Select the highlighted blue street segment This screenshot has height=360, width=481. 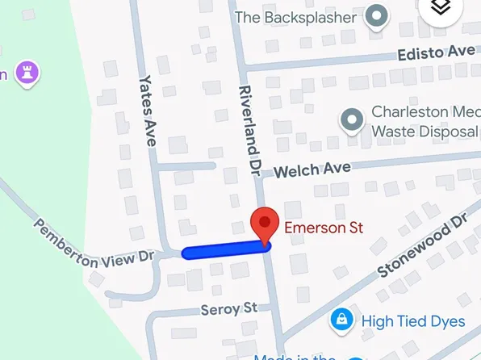(x=226, y=251)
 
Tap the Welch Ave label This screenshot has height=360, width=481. (x=312, y=170)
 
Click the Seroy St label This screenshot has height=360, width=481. (x=229, y=308)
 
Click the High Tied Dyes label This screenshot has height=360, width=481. (x=413, y=321)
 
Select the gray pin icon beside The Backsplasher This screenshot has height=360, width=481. (x=375, y=15)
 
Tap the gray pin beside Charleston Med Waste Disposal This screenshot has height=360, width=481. (x=351, y=121)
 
